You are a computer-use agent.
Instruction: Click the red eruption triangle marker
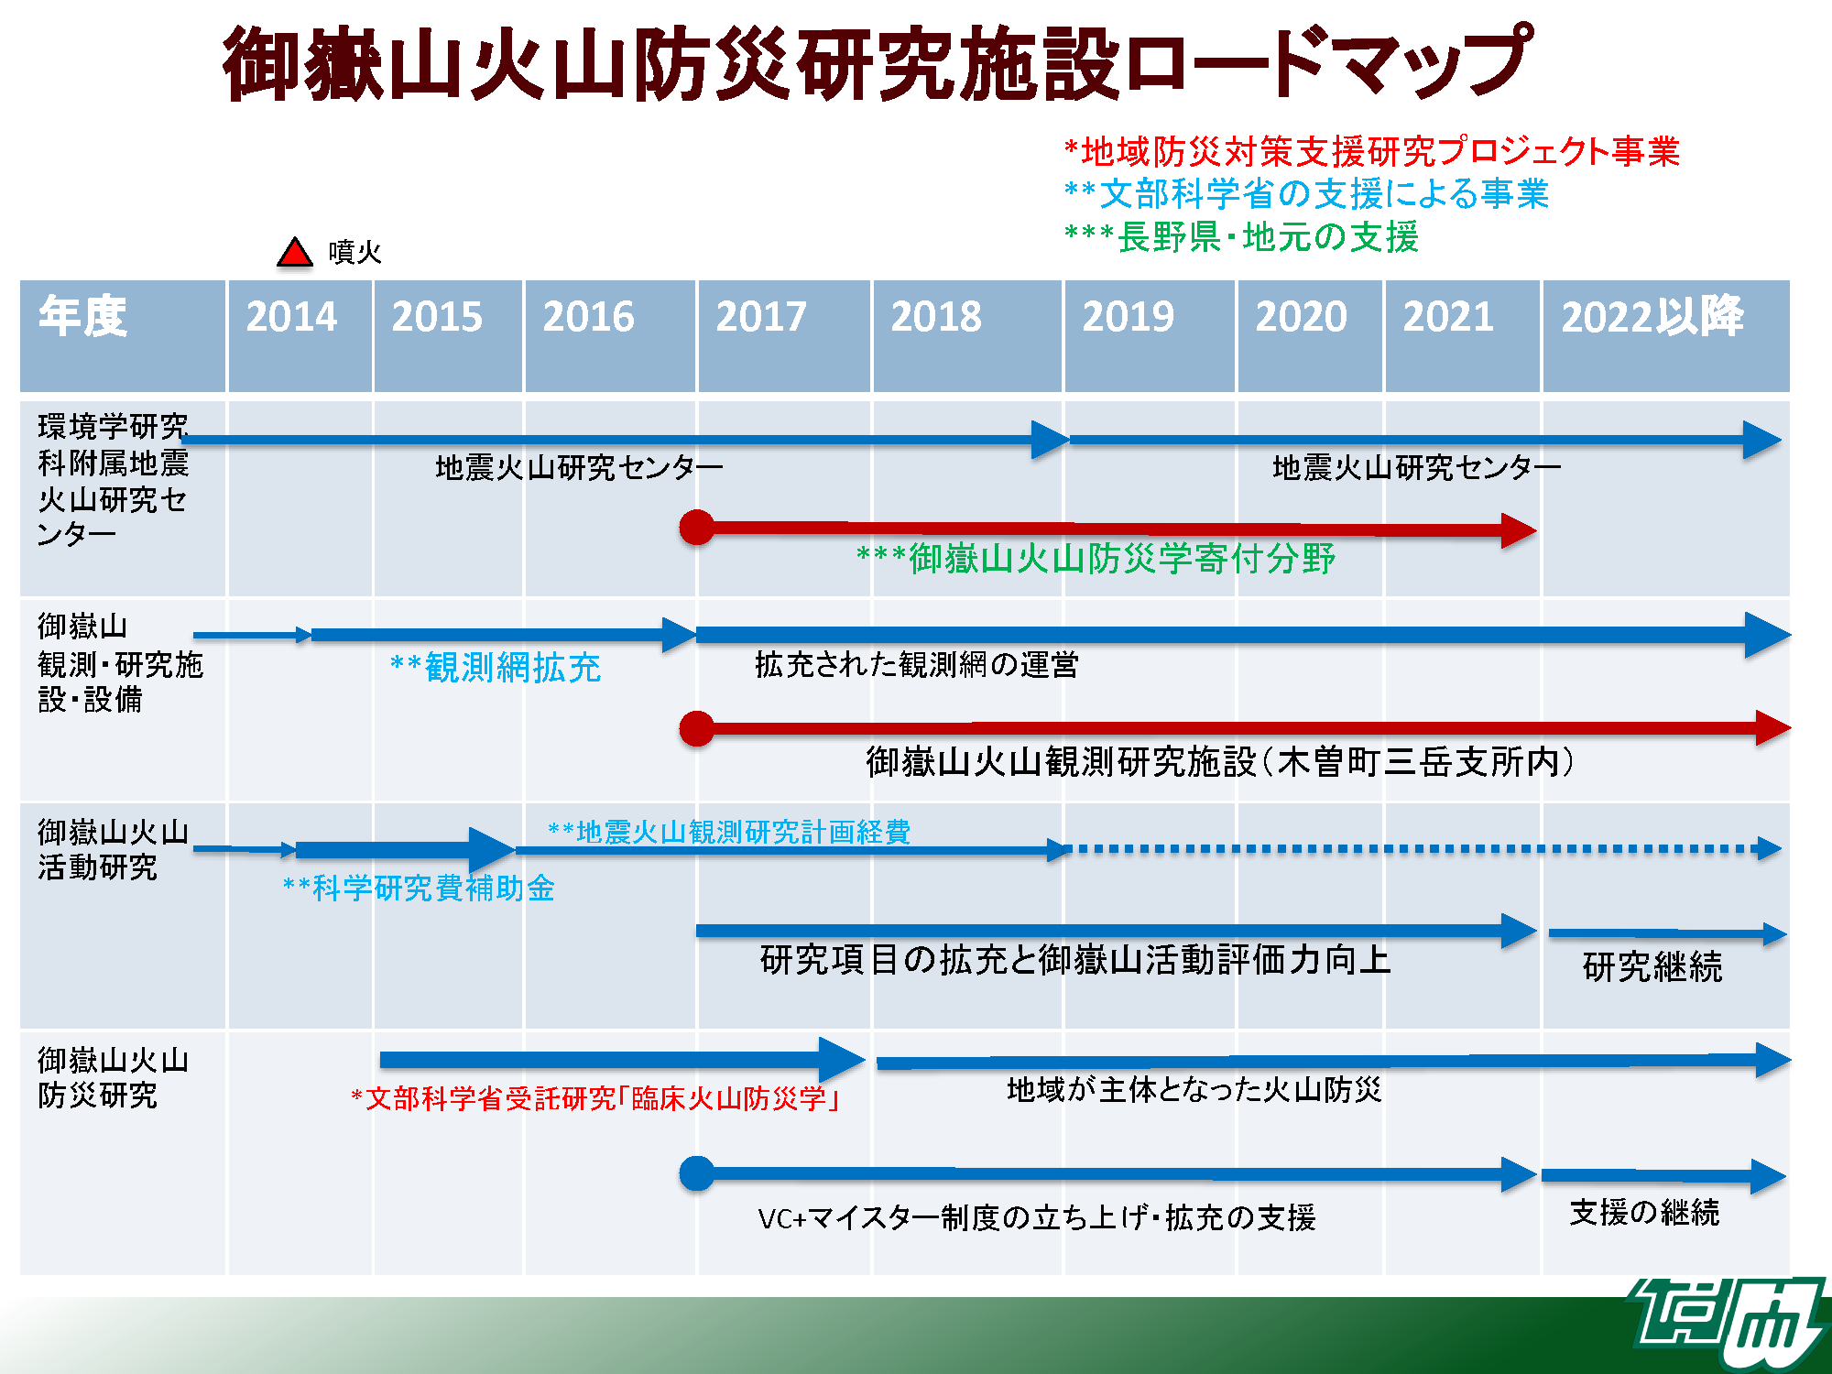[x=295, y=253]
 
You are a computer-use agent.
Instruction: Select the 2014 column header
[x=291, y=317]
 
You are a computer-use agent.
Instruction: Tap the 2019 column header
[x=1128, y=317]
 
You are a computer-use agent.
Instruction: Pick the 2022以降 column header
[x=1652, y=317]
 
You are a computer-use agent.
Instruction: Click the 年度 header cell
[x=82, y=317]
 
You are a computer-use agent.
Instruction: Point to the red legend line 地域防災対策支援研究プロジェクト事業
[x=1371, y=151]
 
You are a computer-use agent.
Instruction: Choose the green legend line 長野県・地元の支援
[x=1241, y=237]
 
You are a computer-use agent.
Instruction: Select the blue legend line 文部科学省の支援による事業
[x=1306, y=194]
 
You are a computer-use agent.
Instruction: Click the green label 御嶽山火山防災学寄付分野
[x=1096, y=559]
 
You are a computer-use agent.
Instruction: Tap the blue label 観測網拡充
[x=496, y=668]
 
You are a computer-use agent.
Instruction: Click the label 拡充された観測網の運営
[x=916, y=665]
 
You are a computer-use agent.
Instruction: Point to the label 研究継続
[x=1652, y=967]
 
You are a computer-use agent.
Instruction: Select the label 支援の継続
[x=1644, y=1213]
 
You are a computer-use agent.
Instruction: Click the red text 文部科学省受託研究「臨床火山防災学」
[x=595, y=1098]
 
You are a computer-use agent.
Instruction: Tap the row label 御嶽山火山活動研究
[x=113, y=849]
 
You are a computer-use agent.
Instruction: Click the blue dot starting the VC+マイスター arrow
[x=697, y=1173]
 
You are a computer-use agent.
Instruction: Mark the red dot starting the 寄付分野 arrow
[x=697, y=528]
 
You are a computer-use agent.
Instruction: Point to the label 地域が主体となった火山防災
[x=1194, y=1090]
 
